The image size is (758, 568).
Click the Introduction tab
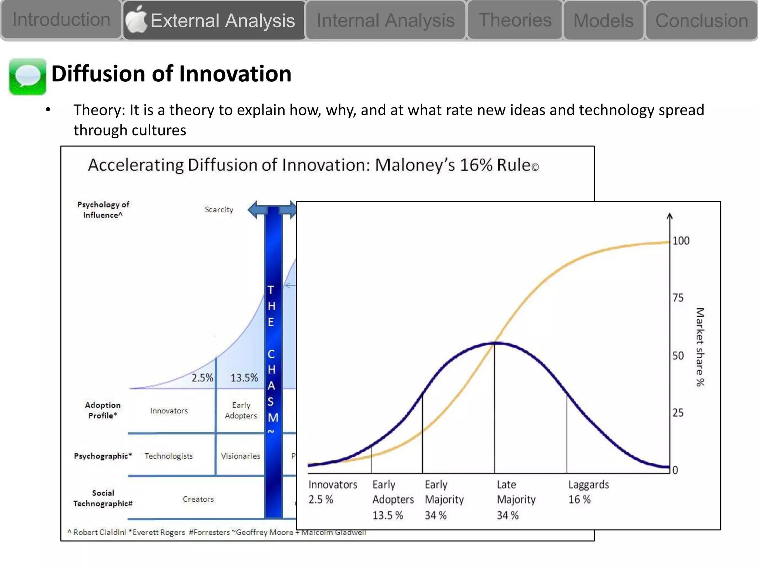click(61, 20)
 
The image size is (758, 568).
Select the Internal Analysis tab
click(385, 20)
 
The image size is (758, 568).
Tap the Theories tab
click(515, 20)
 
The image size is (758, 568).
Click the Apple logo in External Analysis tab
click(136, 20)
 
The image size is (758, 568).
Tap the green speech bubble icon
click(27, 77)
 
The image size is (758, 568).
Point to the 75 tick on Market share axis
click(678, 298)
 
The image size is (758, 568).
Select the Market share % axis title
click(700, 347)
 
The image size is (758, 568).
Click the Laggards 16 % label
click(588, 492)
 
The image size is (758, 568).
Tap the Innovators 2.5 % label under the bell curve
click(332, 492)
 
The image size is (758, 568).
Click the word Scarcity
click(219, 210)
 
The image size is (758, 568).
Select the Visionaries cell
click(240, 456)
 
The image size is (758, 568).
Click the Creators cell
click(198, 499)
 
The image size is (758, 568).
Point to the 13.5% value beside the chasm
click(244, 378)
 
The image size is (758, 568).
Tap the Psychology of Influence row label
click(103, 210)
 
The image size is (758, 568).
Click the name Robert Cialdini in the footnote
click(99, 532)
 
